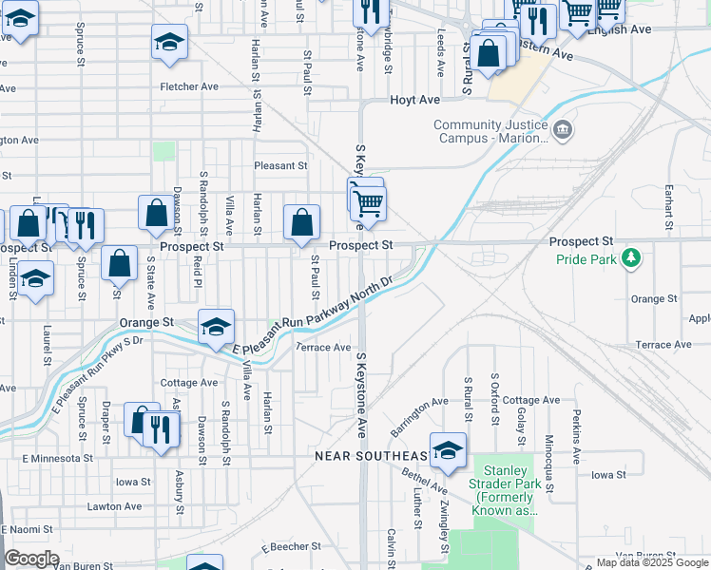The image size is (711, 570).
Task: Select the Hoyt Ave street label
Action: [x=414, y=100]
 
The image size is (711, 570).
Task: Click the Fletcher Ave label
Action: [x=190, y=86]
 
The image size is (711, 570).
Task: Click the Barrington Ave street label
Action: [x=418, y=415]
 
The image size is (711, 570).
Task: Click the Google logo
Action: [x=31, y=558]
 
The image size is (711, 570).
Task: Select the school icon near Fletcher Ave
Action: [x=169, y=42]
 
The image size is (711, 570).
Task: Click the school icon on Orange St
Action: [x=216, y=327]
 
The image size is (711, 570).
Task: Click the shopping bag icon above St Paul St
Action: [x=301, y=223]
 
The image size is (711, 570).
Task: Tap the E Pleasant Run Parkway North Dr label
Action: [x=314, y=317]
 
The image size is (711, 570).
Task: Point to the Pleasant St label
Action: [x=280, y=165]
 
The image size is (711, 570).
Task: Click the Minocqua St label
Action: [x=549, y=432]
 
